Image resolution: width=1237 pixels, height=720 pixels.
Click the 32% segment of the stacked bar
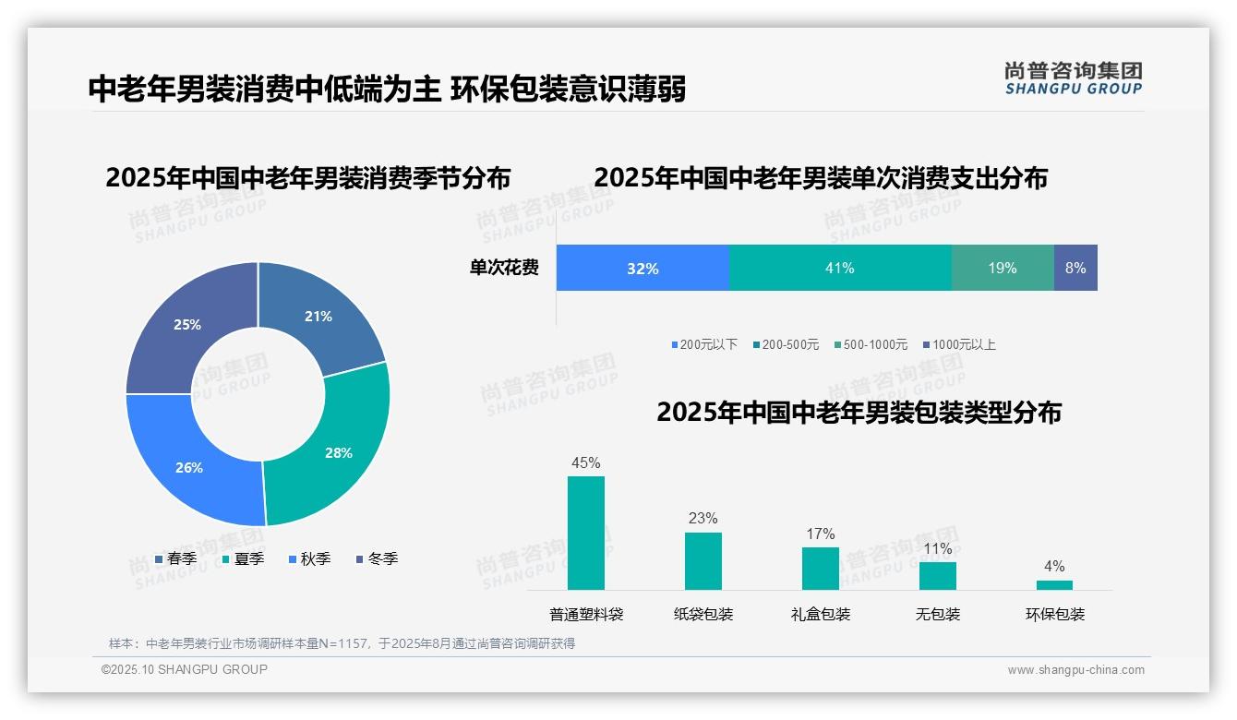(643, 269)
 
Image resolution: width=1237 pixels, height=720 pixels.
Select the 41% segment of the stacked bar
(839, 269)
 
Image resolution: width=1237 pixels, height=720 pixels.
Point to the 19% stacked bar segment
(1002, 269)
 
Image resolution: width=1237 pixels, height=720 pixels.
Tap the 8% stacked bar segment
(1075, 269)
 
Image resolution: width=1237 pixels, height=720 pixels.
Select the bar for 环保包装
(1054, 585)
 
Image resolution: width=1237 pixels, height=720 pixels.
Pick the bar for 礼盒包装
(821, 569)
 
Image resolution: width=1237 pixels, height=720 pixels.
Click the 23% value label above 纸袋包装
(703, 519)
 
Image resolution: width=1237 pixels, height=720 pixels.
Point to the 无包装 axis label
(938, 615)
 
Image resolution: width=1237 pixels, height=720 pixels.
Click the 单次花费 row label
(504, 269)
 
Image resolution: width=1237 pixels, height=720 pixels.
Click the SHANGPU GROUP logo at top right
(1074, 78)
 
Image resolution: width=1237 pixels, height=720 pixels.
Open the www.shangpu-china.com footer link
(1075, 670)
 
